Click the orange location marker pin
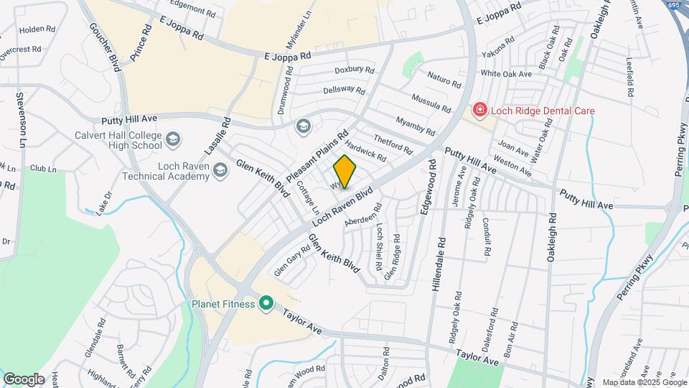(x=345, y=172)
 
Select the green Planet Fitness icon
(x=266, y=304)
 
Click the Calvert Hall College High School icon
(x=173, y=139)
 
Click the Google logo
(x=24, y=379)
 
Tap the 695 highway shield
(x=672, y=5)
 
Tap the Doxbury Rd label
(x=355, y=70)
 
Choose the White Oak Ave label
(x=506, y=73)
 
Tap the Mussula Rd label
(x=431, y=102)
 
